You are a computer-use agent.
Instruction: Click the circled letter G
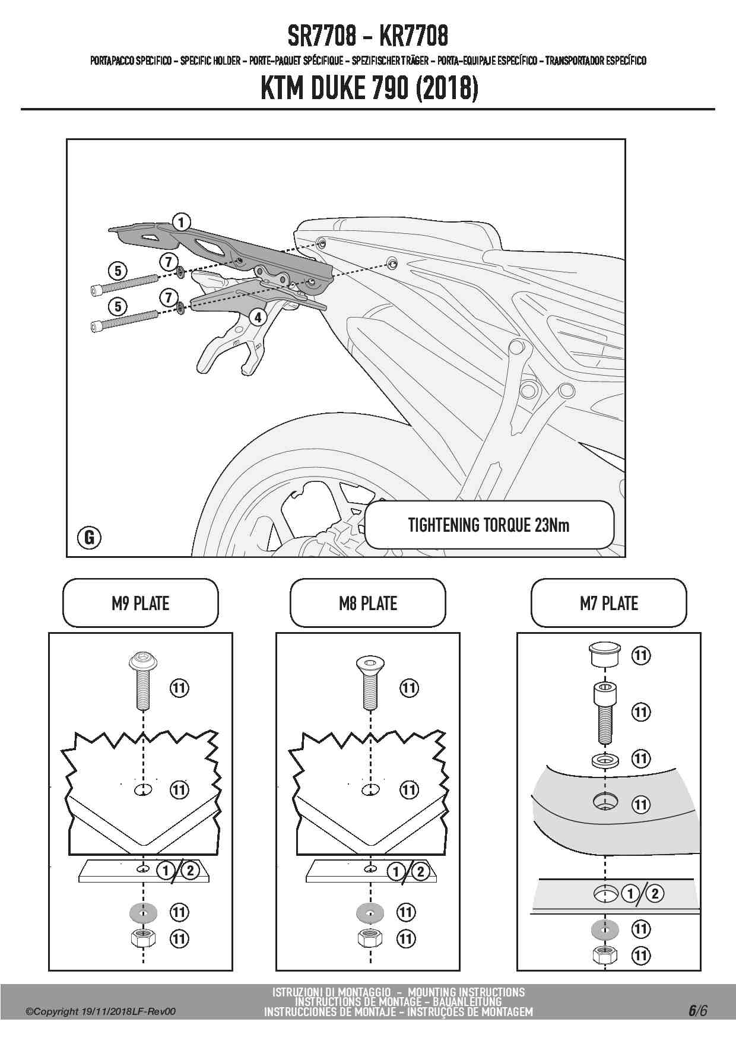click(x=90, y=538)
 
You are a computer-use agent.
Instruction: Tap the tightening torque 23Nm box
click(x=488, y=525)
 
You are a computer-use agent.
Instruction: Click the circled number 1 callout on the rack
click(x=181, y=223)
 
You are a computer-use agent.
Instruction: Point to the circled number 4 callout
click(x=258, y=317)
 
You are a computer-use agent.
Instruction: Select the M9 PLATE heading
click(x=141, y=604)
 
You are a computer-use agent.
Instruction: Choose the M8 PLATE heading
click(x=367, y=604)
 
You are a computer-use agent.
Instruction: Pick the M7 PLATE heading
click(x=608, y=604)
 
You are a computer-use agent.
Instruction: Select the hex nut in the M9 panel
click(x=142, y=938)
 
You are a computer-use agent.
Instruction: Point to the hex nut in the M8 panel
click(x=370, y=938)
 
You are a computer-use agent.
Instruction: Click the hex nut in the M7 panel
click(x=604, y=956)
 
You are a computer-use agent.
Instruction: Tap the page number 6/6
click(x=697, y=1011)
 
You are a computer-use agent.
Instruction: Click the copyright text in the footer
click(x=101, y=1012)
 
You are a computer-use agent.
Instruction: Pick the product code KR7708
click(x=413, y=36)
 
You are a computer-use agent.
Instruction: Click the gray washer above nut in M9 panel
click(x=142, y=912)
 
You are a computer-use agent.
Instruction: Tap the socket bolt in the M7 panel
click(x=604, y=712)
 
